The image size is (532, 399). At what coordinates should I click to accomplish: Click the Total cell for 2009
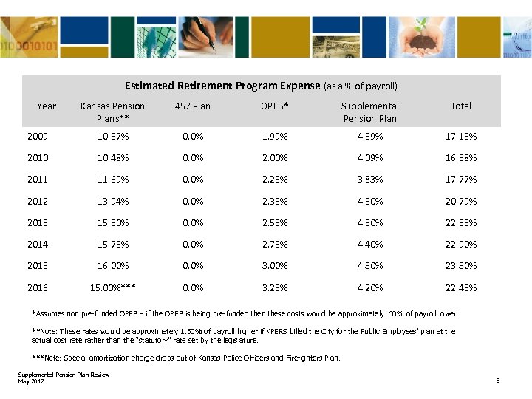coord(460,137)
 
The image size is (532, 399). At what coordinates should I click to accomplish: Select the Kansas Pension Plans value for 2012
coord(112,201)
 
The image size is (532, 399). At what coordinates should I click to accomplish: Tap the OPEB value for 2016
coord(275,287)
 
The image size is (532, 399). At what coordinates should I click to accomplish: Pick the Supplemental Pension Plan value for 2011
coord(369,180)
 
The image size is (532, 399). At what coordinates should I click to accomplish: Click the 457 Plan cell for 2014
coord(193,244)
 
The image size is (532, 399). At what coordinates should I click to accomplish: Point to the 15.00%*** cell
coord(112,287)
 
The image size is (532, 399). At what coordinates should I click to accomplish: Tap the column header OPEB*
coord(275,106)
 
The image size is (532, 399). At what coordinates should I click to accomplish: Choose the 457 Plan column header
coord(193,106)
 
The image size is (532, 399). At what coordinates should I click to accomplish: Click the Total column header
coord(460,106)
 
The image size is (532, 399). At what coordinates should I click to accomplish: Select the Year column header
coord(46,106)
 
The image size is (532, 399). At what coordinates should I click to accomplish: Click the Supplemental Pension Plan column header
coord(369,112)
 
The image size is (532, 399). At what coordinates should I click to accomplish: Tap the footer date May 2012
coord(31,381)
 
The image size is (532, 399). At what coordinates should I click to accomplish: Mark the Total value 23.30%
coord(460,265)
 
